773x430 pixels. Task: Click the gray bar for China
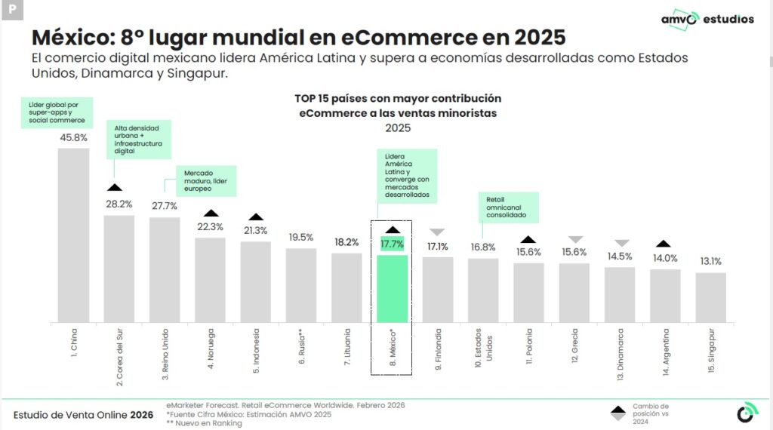(73, 235)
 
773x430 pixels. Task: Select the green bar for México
(392, 288)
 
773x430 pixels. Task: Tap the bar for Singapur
(710, 297)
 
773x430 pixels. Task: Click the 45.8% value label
(73, 137)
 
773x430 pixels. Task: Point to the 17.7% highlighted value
(392, 244)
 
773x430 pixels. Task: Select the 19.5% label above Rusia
(300, 237)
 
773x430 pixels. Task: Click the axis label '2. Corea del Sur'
(119, 357)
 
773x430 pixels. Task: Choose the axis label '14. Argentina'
(666, 350)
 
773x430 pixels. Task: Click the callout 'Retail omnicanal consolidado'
(508, 207)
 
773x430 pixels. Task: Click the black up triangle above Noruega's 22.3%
(211, 213)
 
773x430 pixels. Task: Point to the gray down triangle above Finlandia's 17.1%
(437, 232)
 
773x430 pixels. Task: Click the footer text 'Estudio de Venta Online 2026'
(83, 415)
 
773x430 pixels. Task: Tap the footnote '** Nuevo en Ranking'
(204, 423)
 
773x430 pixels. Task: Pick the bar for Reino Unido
(165, 269)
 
